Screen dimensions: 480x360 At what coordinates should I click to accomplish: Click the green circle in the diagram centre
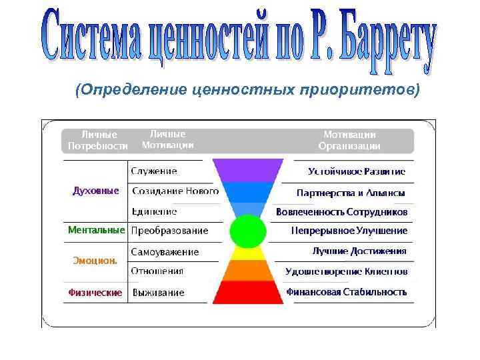tap(247, 231)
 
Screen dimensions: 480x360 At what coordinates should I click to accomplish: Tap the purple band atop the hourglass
tap(247, 170)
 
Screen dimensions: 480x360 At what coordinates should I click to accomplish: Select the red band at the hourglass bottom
tap(247, 292)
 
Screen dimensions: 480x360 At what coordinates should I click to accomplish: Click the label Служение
tap(154, 171)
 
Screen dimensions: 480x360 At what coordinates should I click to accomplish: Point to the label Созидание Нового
tap(175, 191)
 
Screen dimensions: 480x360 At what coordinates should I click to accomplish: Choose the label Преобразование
tap(169, 231)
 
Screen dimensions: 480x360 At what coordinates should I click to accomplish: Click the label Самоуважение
tap(165, 252)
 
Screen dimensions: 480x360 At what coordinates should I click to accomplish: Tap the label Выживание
tap(158, 292)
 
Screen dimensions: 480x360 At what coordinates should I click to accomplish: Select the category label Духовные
tap(95, 191)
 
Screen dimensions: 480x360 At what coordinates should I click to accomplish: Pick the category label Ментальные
tap(96, 230)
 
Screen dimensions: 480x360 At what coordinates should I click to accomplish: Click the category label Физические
tap(95, 292)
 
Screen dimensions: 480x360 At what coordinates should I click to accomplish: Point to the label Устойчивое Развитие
tap(357, 171)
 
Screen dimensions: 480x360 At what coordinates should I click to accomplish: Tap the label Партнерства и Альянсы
tap(351, 192)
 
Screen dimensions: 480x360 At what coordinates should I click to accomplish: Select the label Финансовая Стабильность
tap(347, 291)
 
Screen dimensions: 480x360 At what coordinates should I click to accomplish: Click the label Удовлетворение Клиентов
tap(347, 271)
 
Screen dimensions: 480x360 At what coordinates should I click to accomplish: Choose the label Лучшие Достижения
tap(359, 251)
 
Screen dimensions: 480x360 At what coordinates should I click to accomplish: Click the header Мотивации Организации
tap(349, 140)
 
